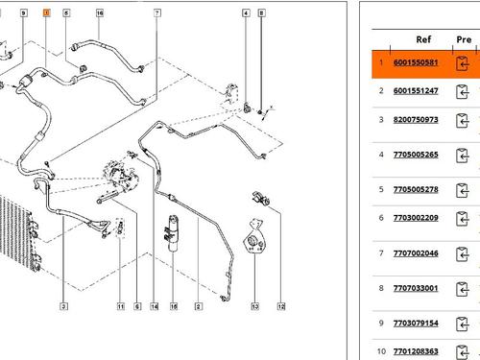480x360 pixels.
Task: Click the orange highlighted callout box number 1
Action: pyautogui.click(x=46, y=12)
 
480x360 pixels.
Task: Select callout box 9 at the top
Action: pyautogui.click(x=23, y=12)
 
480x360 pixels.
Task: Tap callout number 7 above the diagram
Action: pyautogui.click(x=157, y=12)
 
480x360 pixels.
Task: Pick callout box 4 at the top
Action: pyautogui.click(x=246, y=12)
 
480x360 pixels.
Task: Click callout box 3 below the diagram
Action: pyautogui.click(x=63, y=306)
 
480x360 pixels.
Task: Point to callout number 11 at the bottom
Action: pyautogui.click(x=120, y=306)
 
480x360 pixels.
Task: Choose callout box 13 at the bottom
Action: pyautogui.click(x=254, y=306)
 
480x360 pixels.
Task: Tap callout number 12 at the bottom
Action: pyautogui.click(x=281, y=306)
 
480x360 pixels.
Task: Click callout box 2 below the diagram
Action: pyautogui.click(x=198, y=306)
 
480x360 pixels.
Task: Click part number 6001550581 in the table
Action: pyautogui.click(x=416, y=62)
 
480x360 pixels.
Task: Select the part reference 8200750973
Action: pyautogui.click(x=416, y=120)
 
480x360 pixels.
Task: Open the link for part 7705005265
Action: pyautogui.click(x=416, y=155)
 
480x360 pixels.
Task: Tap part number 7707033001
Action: pyautogui.click(x=416, y=288)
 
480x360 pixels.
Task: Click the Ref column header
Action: pyautogui.click(x=423, y=39)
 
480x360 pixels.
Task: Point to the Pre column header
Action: pyautogui.click(x=464, y=39)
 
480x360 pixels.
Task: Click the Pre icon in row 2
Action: pyautogui.click(x=462, y=92)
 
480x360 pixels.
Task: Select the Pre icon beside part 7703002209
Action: pyautogui.click(x=462, y=219)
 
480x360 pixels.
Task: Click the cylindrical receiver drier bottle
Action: pyautogui.click(x=173, y=233)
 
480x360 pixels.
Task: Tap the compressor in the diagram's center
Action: pyautogui.click(x=120, y=175)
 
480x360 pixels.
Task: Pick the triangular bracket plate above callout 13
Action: pyautogui.click(x=254, y=237)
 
